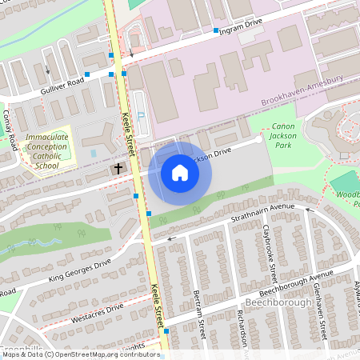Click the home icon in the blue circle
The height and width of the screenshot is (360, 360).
point(179,172)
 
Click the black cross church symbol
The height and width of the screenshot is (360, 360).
point(118,169)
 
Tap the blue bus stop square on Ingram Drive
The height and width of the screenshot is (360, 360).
point(216,30)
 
